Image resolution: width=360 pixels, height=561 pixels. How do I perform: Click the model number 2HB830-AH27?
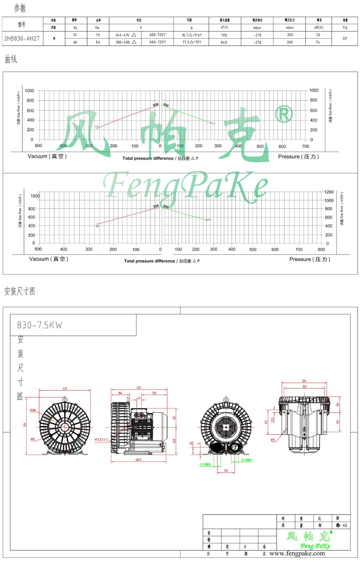click(x=22, y=39)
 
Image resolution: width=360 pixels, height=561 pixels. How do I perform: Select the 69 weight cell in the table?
click(x=345, y=38)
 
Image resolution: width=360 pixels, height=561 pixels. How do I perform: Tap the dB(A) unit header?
click(x=319, y=27)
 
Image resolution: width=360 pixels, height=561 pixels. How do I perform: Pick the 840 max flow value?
click(x=224, y=42)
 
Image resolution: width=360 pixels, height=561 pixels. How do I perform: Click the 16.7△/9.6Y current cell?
click(x=192, y=35)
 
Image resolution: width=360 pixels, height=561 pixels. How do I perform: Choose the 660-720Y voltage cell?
click(x=158, y=42)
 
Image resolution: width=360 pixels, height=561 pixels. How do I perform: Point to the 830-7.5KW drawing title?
click(x=40, y=325)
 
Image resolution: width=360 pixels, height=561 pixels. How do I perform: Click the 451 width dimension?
click(x=65, y=388)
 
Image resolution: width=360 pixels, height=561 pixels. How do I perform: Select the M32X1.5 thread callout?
click(x=101, y=440)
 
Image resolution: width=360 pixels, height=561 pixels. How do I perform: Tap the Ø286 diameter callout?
click(x=33, y=410)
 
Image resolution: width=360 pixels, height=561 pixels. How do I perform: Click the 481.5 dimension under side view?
click(x=139, y=460)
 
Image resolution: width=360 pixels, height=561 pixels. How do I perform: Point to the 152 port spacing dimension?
click(x=226, y=471)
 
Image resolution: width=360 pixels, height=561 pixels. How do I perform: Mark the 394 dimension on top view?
click(x=304, y=381)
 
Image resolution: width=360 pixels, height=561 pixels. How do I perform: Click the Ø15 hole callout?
click(x=273, y=440)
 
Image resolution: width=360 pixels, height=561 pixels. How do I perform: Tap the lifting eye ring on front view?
click(x=65, y=399)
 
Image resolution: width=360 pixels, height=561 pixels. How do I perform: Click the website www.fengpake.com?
click(x=297, y=553)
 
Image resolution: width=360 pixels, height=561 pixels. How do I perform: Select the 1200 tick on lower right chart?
click(x=329, y=192)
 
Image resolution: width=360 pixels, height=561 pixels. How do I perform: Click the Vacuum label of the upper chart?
click(x=47, y=156)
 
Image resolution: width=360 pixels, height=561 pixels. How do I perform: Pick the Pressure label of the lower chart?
click(x=310, y=259)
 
